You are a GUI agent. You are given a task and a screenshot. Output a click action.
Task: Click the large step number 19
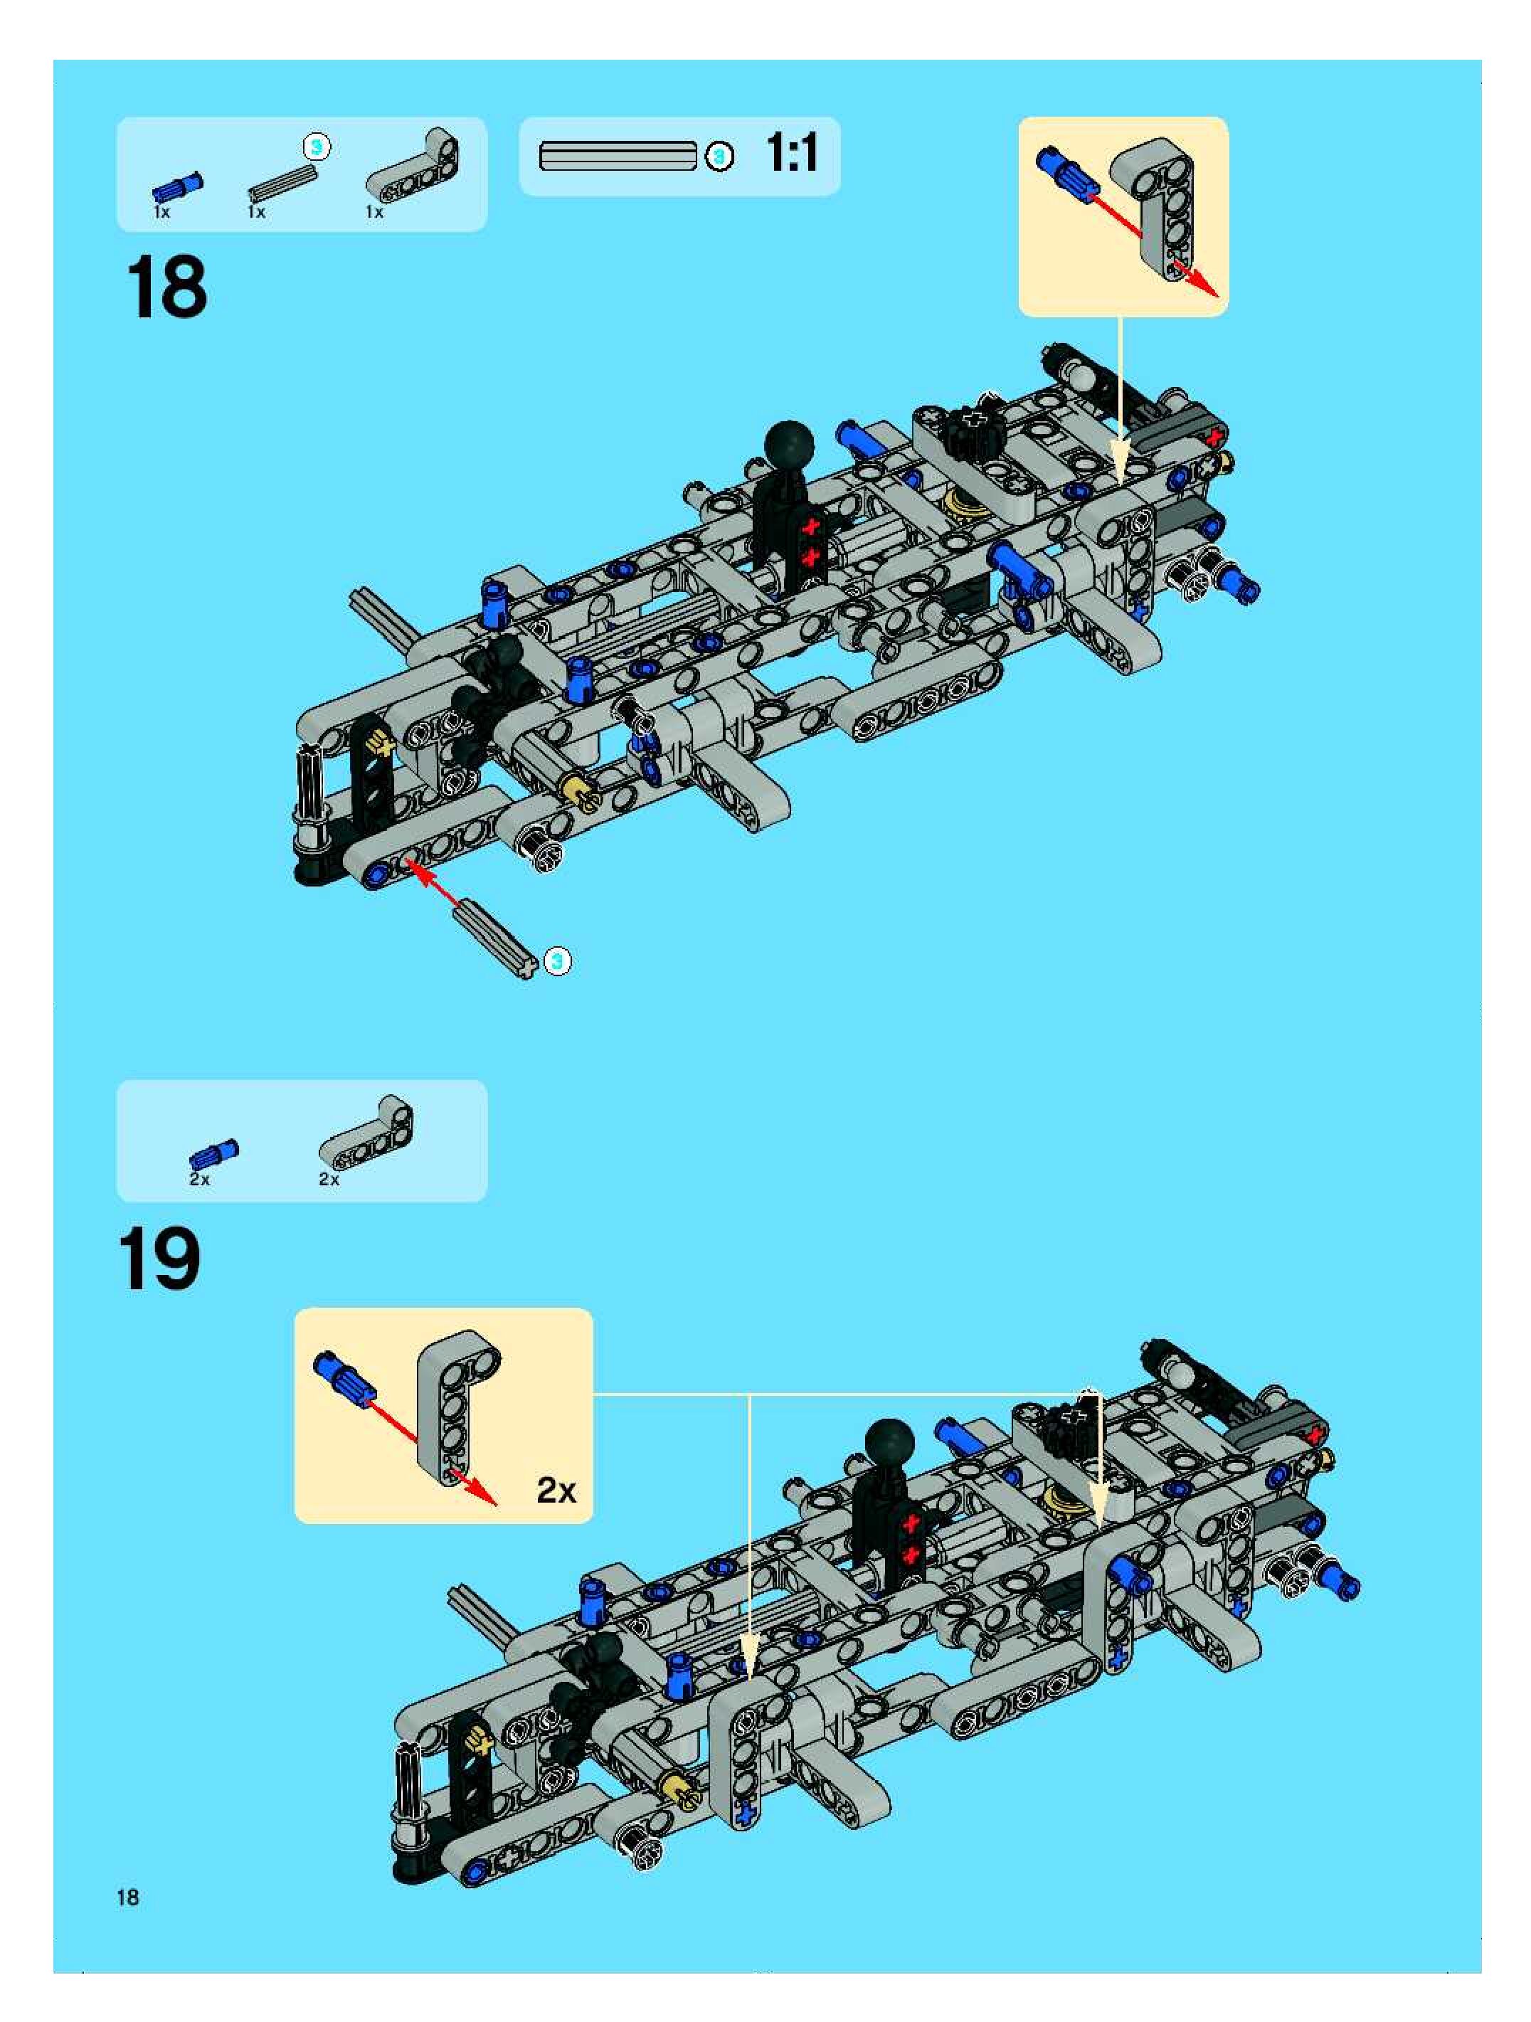coord(159,1259)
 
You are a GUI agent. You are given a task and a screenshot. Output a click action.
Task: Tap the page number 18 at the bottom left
coord(128,1897)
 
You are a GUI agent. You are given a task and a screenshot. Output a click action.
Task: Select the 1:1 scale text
coord(792,153)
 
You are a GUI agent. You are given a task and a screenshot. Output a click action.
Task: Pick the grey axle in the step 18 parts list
coord(282,182)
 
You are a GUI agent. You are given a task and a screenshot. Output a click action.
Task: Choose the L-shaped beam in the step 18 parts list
coord(414,166)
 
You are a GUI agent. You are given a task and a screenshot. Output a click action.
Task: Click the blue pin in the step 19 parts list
coord(215,1153)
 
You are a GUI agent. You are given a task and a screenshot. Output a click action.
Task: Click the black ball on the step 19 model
coord(889,1444)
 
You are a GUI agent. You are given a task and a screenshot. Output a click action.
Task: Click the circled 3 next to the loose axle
coord(558,960)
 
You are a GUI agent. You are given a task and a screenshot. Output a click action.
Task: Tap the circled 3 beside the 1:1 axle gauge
coord(720,157)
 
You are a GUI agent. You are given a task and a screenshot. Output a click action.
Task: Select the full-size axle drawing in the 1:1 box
coord(618,155)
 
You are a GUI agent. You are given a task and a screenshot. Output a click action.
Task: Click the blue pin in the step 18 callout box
coord(1066,173)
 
